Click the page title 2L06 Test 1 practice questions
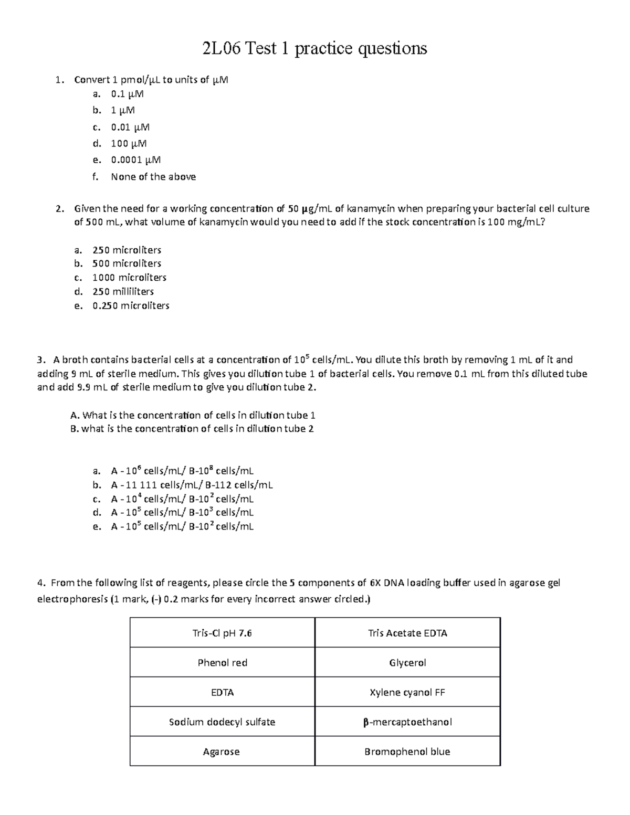coord(314,48)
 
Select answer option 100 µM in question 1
coord(129,143)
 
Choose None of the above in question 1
coord(153,177)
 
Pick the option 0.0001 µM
coord(135,160)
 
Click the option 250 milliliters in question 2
coord(123,291)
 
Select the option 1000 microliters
coord(129,277)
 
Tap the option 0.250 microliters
coord(131,305)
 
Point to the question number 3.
coord(40,360)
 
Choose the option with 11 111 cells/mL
coord(192,485)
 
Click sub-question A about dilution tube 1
coord(193,415)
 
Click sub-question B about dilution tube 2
coord(192,428)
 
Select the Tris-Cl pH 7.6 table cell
coord(222,633)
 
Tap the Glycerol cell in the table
coord(407,663)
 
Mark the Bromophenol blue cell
coord(407,752)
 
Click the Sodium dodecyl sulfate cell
coord(222,722)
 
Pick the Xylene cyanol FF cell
coord(407,692)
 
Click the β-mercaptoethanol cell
coord(407,722)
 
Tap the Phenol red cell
coord(222,663)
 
